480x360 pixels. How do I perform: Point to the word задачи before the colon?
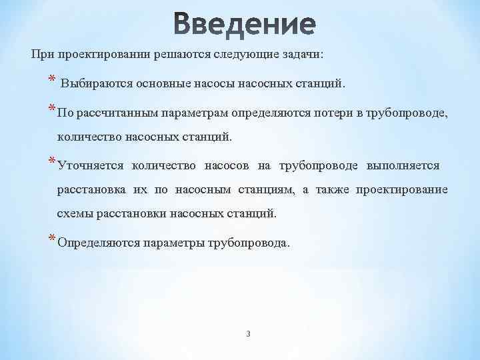click(297, 55)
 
